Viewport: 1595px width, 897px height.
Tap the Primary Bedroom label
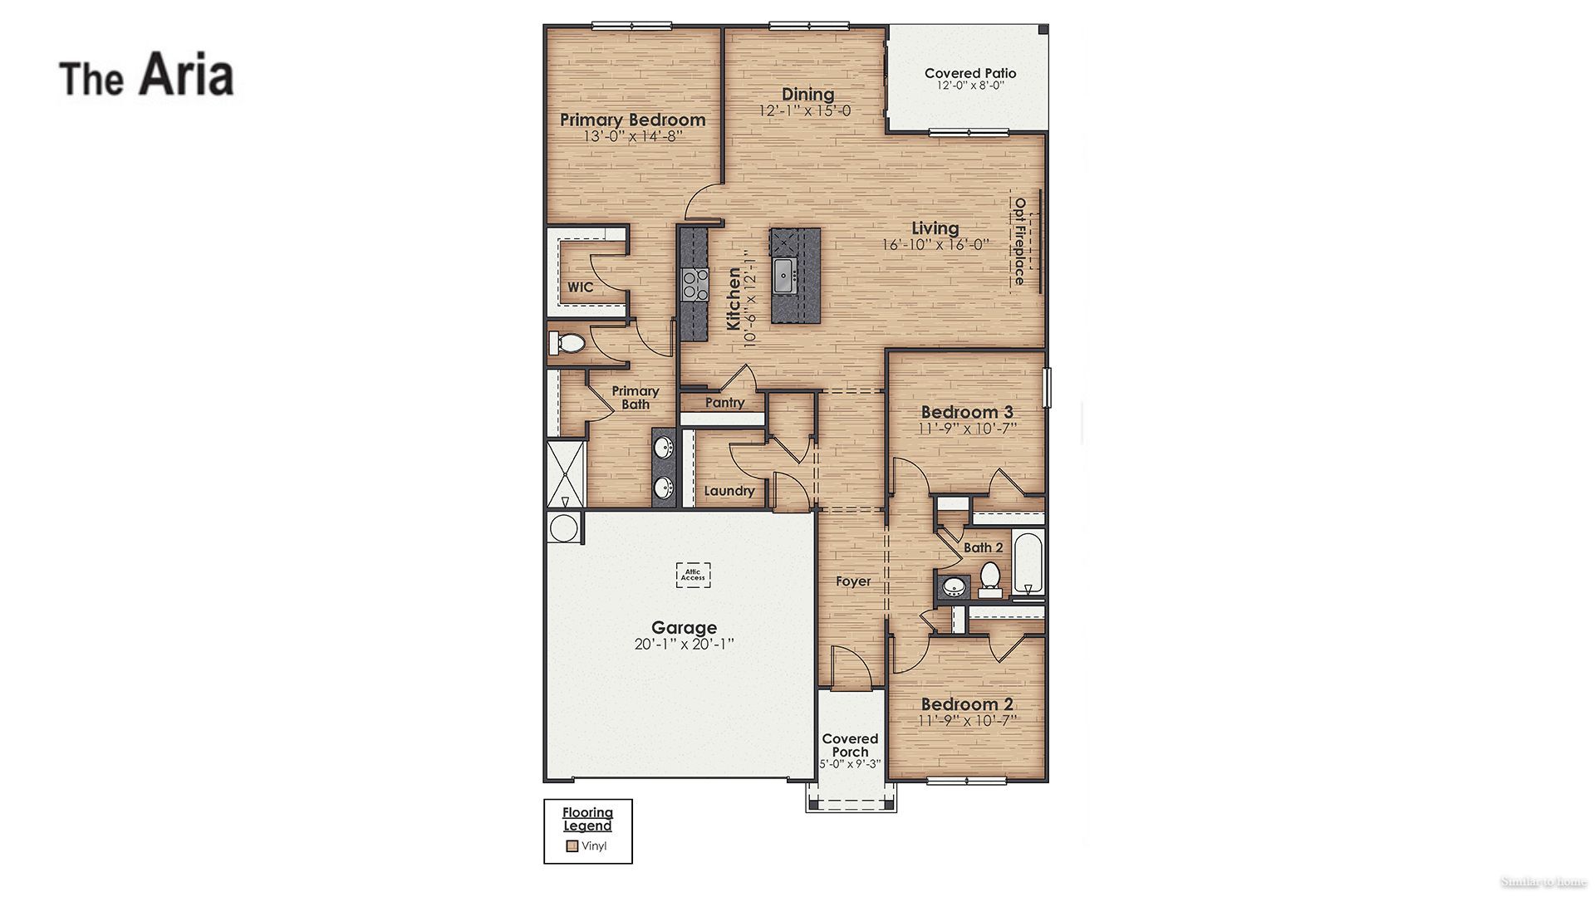tap(632, 120)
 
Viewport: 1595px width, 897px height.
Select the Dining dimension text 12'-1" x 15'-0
tap(804, 111)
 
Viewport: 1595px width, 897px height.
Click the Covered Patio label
tap(969, 73)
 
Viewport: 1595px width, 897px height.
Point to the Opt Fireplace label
tap(1019, 241)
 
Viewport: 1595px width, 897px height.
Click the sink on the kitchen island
tap(784, 275)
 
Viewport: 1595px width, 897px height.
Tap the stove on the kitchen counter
tap(694, 284)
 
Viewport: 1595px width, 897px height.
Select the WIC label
tap(580, 287)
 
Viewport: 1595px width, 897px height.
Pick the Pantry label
tap(724, 403)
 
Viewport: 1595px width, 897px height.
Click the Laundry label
tap(729, 491)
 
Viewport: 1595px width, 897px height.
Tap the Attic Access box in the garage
tap(693, 575)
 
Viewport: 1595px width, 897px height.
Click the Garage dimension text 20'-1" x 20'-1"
tap(684, 644)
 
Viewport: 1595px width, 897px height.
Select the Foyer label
tap(853, 581)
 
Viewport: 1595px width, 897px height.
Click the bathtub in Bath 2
tap(1028, 563)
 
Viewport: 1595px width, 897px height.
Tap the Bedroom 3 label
tap(967, 412)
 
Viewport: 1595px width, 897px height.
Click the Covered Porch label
tap(850, 745)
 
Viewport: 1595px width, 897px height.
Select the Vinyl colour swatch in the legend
tap(572, 846)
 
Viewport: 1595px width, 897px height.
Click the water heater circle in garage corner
tap(564, 528)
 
